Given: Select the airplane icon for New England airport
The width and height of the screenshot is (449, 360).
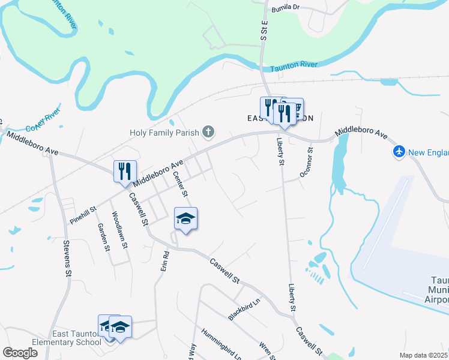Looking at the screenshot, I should [x=399, y=152].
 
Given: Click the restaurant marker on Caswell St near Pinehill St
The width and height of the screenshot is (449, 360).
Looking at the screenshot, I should [x=125, y=172].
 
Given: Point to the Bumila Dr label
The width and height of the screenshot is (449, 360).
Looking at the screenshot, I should [x=285, y=8].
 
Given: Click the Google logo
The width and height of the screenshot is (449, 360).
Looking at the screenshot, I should [x=20, y=353].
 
